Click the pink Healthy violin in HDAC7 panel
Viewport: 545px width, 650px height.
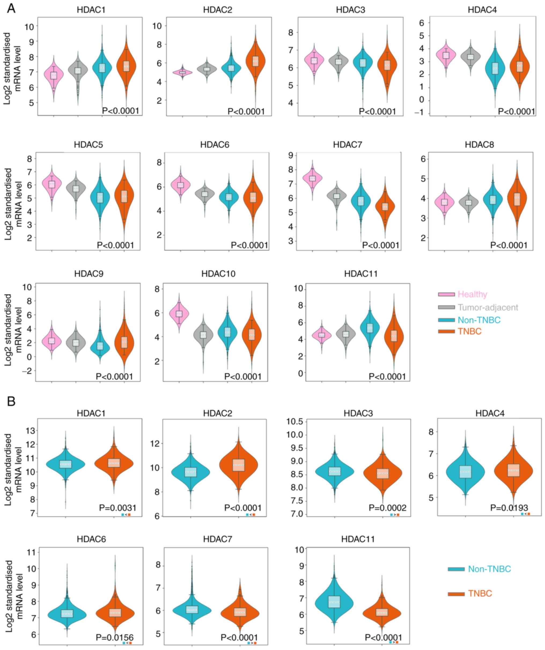coord(312,178)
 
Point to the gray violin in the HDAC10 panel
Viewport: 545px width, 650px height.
coord(203,335)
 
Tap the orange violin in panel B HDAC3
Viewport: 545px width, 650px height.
coord(383,474)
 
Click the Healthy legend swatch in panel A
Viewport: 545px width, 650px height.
coord(446,294)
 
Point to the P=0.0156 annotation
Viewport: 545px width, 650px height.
coord(115,637)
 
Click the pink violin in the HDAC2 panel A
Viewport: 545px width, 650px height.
coord(182,72)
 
